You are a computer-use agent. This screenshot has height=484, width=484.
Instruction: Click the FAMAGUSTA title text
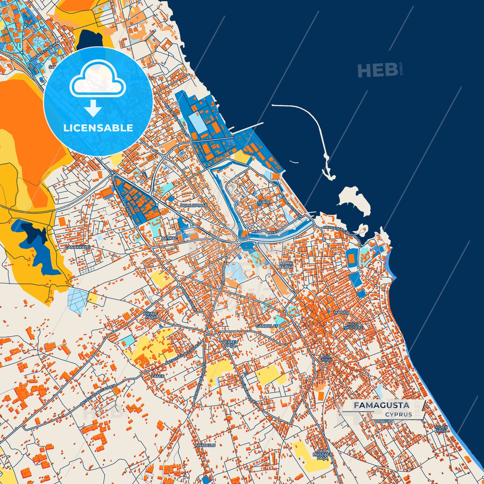tap(382, 405)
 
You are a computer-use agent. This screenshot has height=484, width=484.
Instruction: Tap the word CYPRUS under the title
tap(399, 414)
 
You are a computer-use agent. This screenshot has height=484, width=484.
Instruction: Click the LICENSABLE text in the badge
tap(98, 128)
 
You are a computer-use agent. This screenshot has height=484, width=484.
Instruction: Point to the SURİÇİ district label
tap(263, 203)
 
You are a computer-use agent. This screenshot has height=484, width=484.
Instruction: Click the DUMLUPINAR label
tap(194, 205)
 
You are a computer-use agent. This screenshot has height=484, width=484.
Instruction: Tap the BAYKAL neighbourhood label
tap(169, 238)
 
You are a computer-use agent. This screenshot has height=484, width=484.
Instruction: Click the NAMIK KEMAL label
tap(286, 265)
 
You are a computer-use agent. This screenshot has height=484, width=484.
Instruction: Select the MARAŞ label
tap(341, 313)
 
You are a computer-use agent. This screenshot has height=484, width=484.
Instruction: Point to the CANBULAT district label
tap(267, 326)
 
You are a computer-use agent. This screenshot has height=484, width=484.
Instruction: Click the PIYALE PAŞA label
tap(151, 315)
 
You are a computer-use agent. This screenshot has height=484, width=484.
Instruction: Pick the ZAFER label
tap(158, 376)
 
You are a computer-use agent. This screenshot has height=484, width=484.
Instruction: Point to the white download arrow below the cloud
tap(93, 108)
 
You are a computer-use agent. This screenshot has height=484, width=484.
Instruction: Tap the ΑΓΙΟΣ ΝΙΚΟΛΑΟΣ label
tap(353, 326)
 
